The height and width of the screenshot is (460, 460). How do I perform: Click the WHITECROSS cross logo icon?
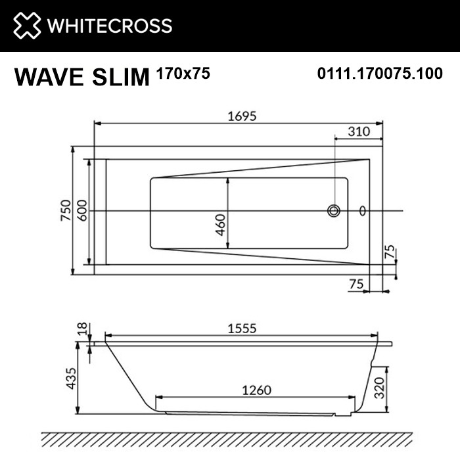click(25, 26)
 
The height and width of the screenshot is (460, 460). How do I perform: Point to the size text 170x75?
click(183, 74)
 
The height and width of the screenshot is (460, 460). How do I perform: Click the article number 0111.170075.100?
click(379, 74)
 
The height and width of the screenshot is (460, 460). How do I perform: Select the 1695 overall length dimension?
click(238, 114)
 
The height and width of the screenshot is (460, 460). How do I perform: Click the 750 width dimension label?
click(66, 210)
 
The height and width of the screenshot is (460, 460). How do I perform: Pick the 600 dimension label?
click(82, 210)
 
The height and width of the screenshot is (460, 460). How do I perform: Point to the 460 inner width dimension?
click(221, 224)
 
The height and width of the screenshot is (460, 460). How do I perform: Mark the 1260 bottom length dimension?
click(256, 390)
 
